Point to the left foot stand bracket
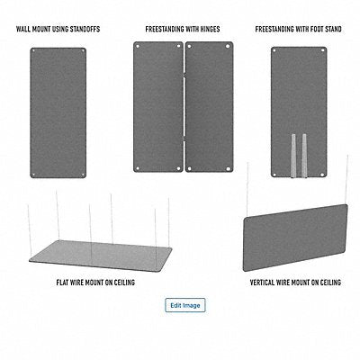[292, 152]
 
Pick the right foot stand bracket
[304, 152]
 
